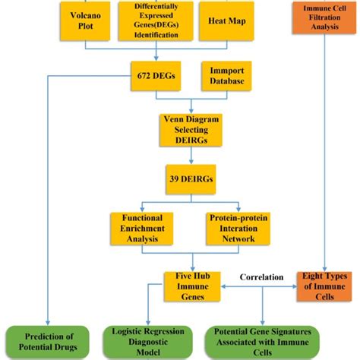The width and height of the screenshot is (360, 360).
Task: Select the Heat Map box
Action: coord(221,21)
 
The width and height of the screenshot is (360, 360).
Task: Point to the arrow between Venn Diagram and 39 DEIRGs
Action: coord(188,158)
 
